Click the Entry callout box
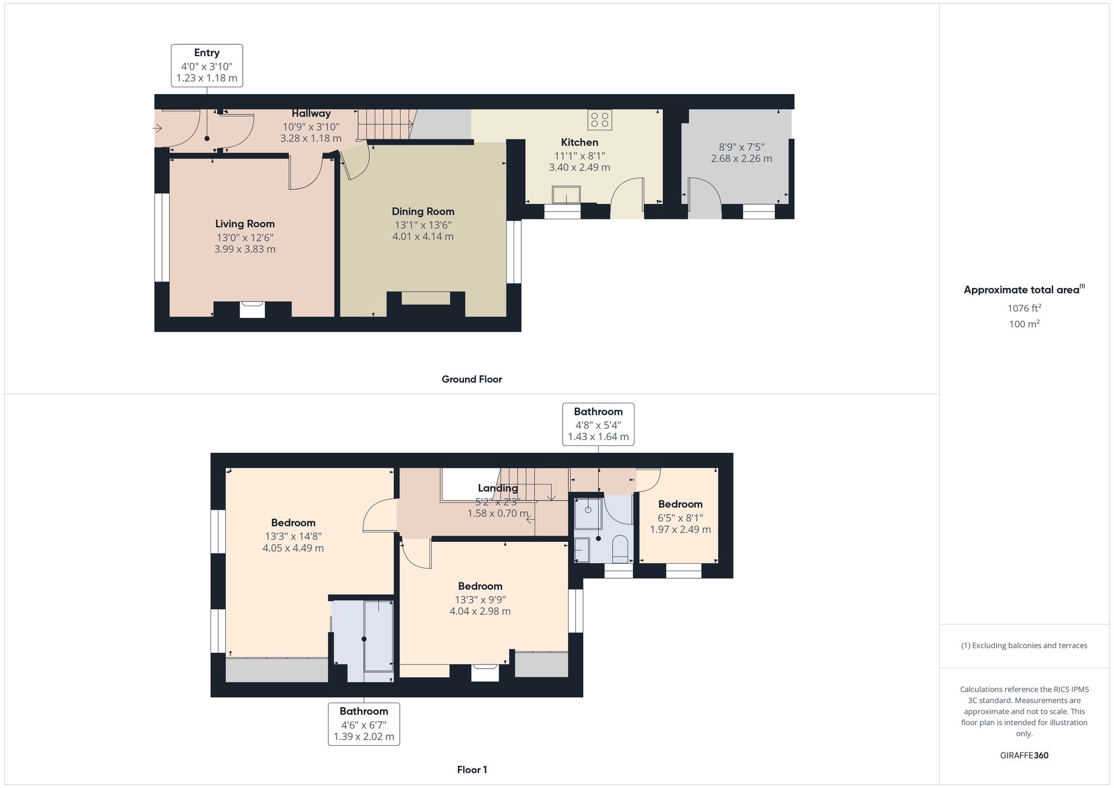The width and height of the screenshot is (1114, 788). (207, 66)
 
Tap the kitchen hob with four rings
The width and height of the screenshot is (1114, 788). (599, 120)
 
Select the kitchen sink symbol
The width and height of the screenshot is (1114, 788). (566, 195)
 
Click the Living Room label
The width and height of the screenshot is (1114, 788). (245, 224)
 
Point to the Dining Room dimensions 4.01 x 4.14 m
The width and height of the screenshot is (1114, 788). (423, 237)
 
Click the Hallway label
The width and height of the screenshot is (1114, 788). (311, 114)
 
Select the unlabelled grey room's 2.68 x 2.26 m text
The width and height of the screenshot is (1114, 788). (741, 159)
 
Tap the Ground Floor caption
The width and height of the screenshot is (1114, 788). (472, 379)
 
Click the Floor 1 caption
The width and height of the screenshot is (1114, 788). (472, 770)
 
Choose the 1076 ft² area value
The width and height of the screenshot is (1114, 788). (1024, 308)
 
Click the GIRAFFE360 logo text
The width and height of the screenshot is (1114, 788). (1024, 755)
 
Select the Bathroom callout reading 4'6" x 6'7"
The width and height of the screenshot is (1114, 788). (364, 724)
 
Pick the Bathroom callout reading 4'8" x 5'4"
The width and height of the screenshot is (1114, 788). (598, 424)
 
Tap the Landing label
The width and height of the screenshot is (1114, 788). (498, 488)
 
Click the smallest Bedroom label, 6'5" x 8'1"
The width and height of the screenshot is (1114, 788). (680, 505)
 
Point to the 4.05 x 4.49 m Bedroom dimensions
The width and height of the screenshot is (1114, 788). (293, 548)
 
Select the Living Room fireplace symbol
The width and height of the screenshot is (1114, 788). (252, 309)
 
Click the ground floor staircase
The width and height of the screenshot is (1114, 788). (385, 124)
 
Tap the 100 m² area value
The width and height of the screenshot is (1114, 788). (1024, 324)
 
